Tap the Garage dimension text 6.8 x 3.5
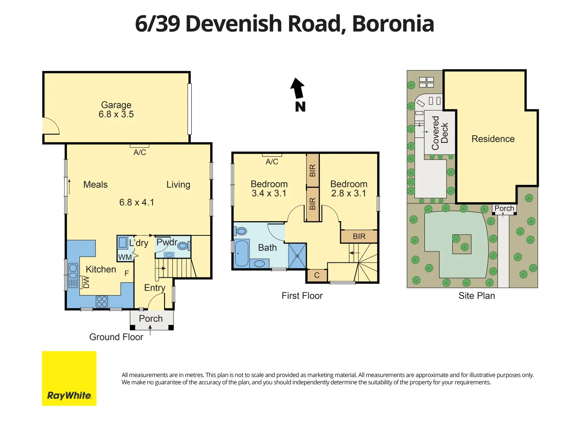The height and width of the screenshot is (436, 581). [116, 115]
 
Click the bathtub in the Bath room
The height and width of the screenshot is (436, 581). [242, 253]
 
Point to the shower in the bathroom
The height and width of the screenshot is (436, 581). [297, 256]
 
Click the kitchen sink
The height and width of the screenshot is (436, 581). [73, 275]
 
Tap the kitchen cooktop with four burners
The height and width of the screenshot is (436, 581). [102, 301]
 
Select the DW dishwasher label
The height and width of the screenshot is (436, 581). [86, 282]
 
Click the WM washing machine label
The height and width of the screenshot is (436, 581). [125, 257]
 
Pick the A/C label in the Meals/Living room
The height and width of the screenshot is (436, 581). [140, 152]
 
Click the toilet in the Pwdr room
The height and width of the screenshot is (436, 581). [183, 245]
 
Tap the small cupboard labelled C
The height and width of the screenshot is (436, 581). [317, 275]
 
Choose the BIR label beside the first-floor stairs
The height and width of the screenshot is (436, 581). [359, 237]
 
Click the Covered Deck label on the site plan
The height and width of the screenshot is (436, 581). [440, 133]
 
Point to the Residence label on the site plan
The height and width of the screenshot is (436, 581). [493, 139]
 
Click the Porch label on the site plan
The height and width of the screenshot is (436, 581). [504, 208]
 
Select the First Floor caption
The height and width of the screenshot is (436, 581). [302, 296]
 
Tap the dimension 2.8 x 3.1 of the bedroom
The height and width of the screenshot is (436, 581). [349, 193]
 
